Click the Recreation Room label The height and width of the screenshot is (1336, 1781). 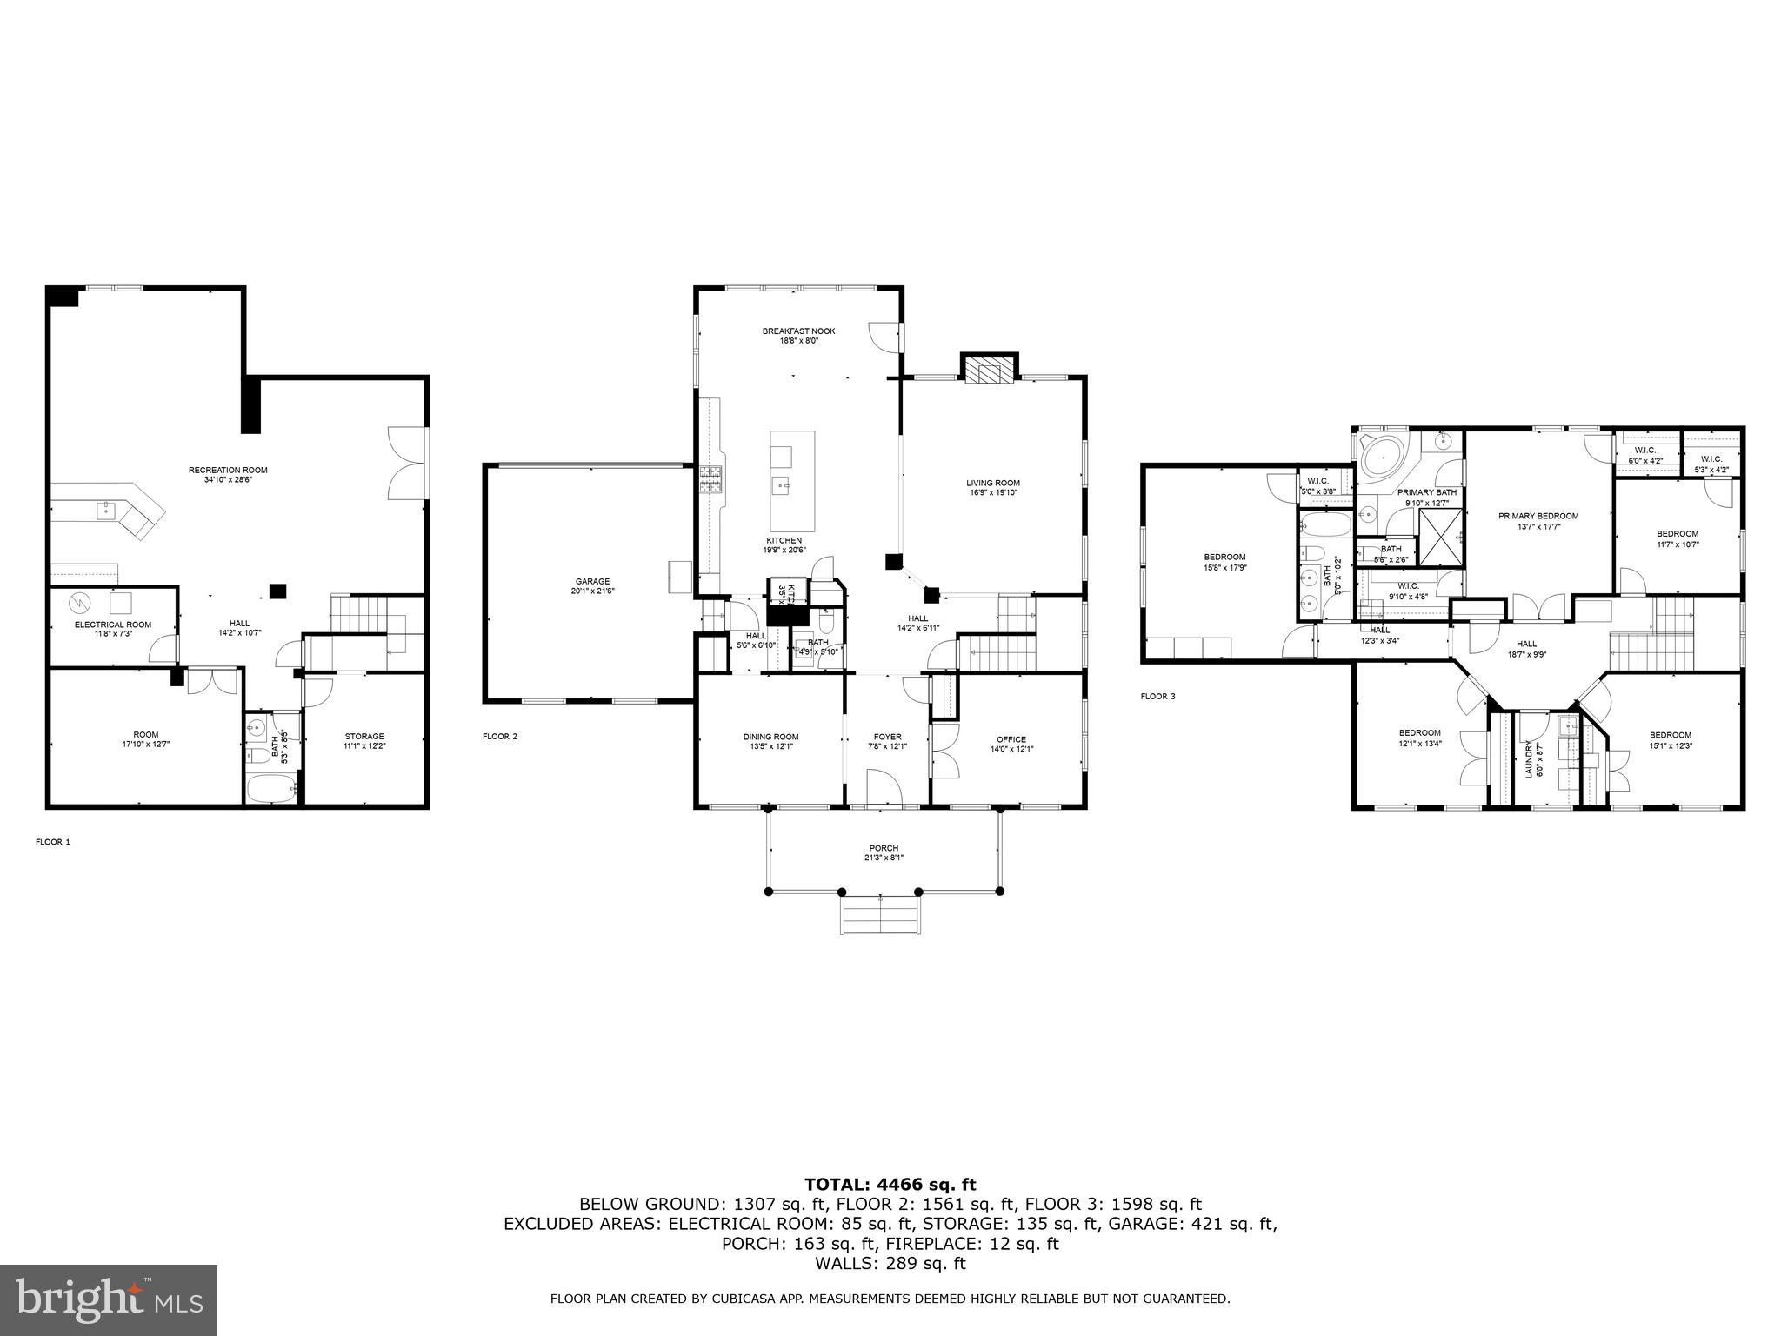(x=228, y=470)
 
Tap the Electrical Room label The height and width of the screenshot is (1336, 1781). (x=113, y=625)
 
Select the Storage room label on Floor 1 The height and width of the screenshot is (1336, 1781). (x=364, y=736)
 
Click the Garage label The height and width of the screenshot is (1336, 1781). (x=592, y=581)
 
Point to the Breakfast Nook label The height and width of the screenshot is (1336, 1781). (x=798, y=331)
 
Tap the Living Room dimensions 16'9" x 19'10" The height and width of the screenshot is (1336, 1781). (x=992, y=493)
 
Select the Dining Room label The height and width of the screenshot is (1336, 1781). (x=770, y=737)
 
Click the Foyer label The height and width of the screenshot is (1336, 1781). (x=887, y=737)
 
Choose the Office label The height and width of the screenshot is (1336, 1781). (x=1011, y=739)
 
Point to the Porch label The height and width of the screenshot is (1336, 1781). (x=884, y=848)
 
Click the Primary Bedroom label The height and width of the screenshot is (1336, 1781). (x=1538, y=516)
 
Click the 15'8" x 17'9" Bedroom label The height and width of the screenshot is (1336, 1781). (x=1224, y=557)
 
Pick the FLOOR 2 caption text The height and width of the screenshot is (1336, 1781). (x=500, y=737)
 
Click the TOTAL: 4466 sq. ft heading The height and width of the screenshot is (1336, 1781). (x=890, y=1184)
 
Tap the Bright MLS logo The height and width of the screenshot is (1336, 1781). (x=109, y=1299)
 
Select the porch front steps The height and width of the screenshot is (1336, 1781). (x=880, y=914)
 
